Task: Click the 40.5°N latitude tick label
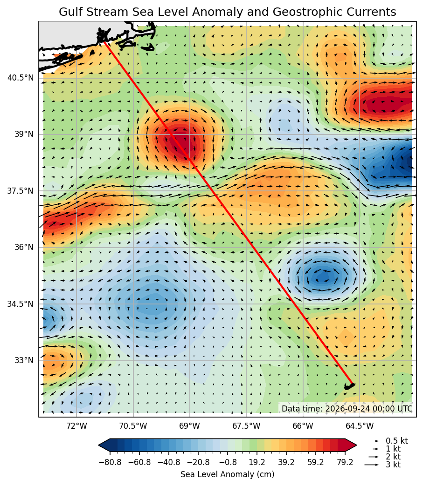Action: click(21, 78)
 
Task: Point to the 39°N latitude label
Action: click(24, 134)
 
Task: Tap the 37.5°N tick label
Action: click(21, 191)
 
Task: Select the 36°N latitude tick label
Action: click(24, 247)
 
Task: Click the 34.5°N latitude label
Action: click(21, 304)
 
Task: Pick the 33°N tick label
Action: click(24, 360)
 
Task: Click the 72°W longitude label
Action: click(76, 426)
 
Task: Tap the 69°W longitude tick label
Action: click(190, 426)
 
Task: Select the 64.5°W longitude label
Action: click(360, 426)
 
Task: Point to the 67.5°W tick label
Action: click(246, 426)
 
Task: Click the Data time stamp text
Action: click(347, 409)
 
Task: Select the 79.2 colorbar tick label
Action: click(345, 462)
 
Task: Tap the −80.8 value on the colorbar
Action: click(110, 462)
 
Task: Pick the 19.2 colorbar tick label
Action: click(257, 462)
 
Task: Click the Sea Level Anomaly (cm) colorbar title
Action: click(227, 474)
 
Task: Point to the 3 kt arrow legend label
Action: click(393, 465)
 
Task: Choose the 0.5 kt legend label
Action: click(396, 441)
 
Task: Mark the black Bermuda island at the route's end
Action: click(349, 386)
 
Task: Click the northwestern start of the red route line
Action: click(104, 42)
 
